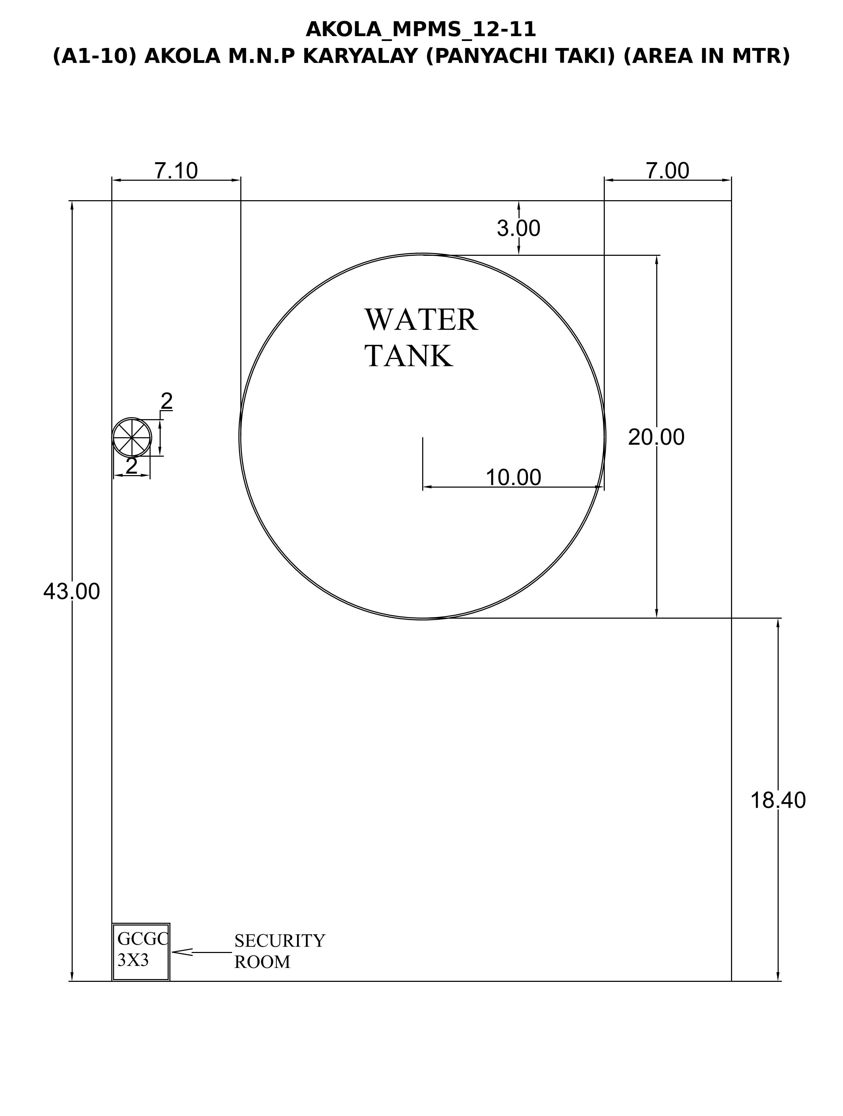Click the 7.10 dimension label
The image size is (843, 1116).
176,171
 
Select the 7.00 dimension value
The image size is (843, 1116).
667,171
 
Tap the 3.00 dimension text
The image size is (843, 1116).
519,229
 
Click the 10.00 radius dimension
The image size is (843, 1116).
513,477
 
